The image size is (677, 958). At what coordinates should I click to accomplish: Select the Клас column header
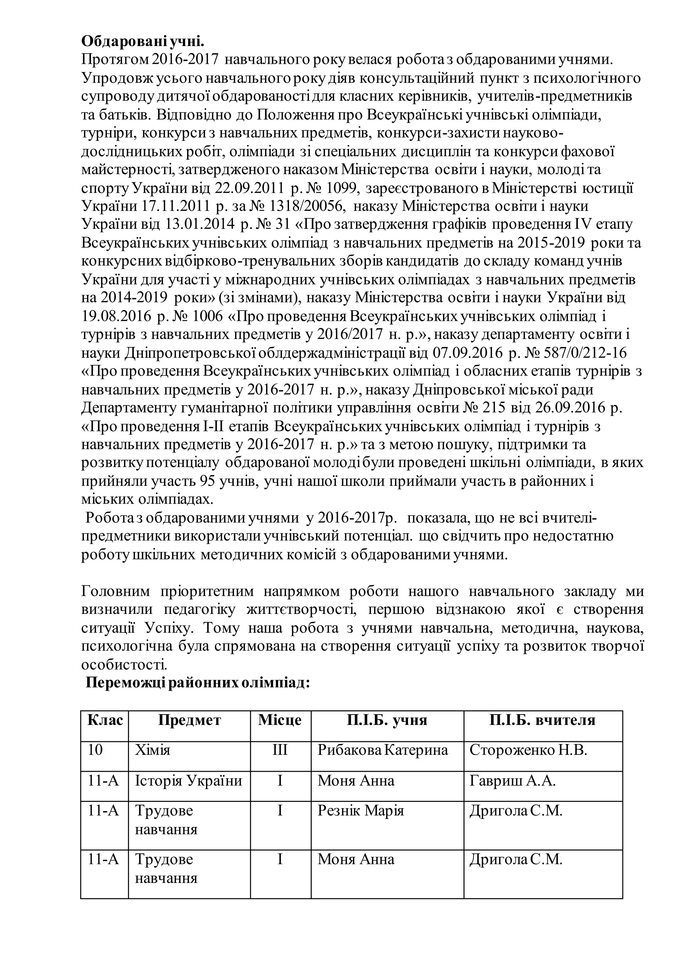pyautogui.click(x=105, y=720)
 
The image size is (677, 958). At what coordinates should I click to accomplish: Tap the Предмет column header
pyautogui.click(x=189, y=720)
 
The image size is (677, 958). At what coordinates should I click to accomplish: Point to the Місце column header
pyautogui.click(x=280, y=720)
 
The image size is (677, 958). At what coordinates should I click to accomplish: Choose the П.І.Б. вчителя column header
pyautogui.click(x=542, y=720)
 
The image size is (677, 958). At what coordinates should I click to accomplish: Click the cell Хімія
pyautogui.click(x=153, y=750)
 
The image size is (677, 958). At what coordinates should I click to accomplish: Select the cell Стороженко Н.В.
pyautogui.click(x=528, y=750)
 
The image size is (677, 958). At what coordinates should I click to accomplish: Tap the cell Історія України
pyautogui.click(x=188, y=780)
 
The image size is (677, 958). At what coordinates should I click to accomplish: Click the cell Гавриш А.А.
pyautogui.click(x=512, y=780)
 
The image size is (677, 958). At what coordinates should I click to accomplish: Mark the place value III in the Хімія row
pyautogui.click(x=280, y=750)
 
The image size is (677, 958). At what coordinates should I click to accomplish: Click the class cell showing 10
pyautogui.click(x=96, y=750)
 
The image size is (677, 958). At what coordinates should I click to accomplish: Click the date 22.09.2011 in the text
pyautogui.click(x=249, y=188)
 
